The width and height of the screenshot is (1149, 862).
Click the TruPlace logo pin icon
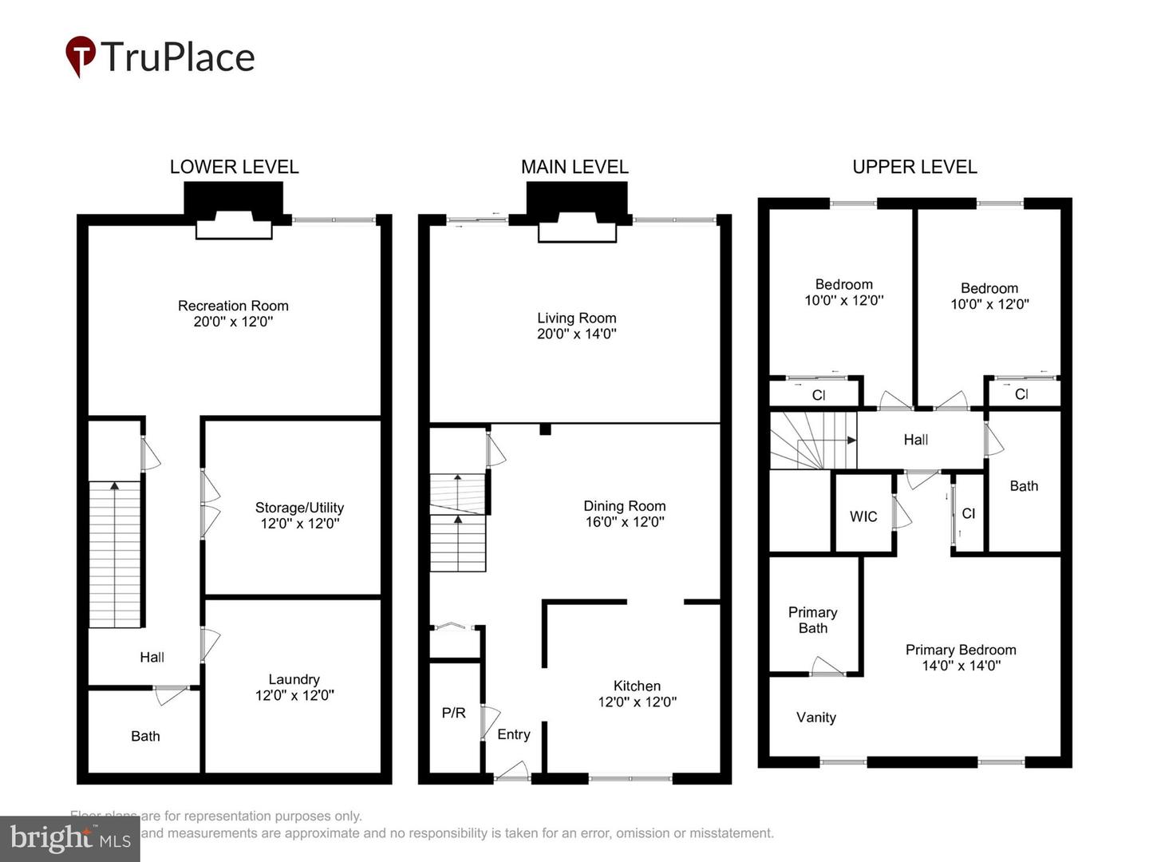point(80,55)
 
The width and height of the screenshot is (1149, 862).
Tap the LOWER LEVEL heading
point(234,167)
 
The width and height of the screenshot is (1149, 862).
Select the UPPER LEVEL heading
point(914,167)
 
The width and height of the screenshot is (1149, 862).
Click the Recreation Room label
point(233,306)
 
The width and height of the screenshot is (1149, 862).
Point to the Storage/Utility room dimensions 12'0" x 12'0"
point(299,524)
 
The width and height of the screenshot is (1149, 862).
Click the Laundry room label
point(294,679)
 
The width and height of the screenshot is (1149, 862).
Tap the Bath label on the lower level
point(145,736)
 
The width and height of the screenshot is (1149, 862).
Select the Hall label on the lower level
point(152,657)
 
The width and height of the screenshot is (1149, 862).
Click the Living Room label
point(576,318)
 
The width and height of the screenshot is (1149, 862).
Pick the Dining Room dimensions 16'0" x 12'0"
point(624,522)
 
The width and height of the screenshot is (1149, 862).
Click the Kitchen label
point(637,686)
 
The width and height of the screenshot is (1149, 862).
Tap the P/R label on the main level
point(453,713)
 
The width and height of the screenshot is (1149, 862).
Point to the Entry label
point(513,734)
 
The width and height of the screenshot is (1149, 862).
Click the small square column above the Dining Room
point(545,429)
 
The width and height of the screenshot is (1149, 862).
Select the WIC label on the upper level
point(863,516)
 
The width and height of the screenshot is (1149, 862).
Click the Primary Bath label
point(812,620)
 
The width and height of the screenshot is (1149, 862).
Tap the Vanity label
point(815,717)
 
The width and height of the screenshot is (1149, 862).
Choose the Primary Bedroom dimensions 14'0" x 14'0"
point(961,666)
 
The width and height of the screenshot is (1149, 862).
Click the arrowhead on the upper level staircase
point(851,440)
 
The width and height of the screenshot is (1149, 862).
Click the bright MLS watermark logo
point(70,838)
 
